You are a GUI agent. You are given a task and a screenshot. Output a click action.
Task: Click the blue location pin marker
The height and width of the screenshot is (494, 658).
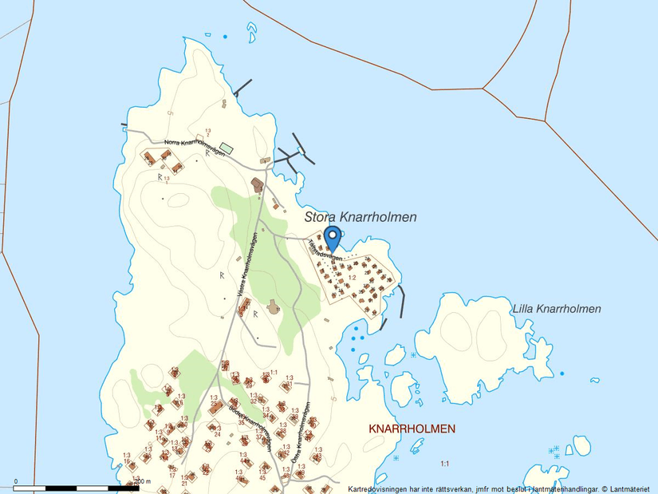[333, 238]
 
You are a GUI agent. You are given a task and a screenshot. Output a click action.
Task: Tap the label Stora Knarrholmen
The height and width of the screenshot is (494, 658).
[360, 217]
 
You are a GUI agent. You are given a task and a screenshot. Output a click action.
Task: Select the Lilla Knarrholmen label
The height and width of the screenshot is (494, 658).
[556, 309]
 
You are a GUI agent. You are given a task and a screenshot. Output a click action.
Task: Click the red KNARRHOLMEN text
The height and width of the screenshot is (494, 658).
[412, 429]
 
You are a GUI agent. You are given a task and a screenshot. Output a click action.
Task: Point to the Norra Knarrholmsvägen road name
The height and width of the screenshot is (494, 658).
[195, 148]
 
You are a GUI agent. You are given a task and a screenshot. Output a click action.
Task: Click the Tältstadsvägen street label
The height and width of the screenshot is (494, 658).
[325, 252]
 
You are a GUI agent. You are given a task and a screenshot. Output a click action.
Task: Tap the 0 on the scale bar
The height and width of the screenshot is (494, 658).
[17, 481]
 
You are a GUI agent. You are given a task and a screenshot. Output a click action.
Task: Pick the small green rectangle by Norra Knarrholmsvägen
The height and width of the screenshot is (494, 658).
[227, 148]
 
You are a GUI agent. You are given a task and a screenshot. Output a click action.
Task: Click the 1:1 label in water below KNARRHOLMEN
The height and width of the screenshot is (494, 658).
[445, 463]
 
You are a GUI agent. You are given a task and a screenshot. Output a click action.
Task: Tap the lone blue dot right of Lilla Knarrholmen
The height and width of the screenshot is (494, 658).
[561, 373]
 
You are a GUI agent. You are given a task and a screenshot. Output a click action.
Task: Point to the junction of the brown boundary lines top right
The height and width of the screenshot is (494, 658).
[546, 121]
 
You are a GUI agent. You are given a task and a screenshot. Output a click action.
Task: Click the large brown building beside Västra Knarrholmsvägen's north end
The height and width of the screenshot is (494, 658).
[257, 185]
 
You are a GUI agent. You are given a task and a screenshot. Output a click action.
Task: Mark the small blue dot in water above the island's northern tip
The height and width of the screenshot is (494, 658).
[225, 37]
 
